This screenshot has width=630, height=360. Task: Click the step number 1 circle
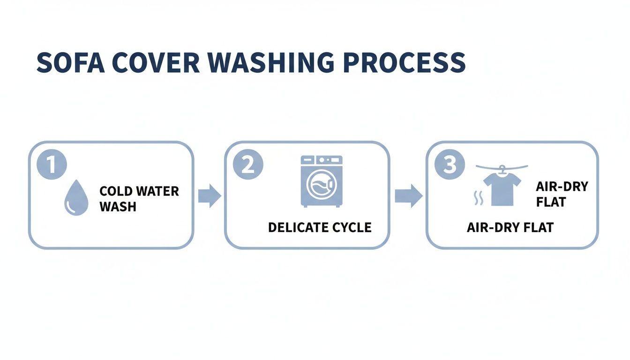[x=52, y=165]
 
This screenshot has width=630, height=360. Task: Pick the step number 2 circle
[x=248, y=165]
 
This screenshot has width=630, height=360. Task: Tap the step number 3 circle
[x=450, y=165]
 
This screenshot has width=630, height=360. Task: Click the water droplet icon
[x=75, y=198]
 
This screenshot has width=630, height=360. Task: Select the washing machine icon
[x=322, y=181]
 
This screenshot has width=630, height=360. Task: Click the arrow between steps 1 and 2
[x=209, y=195]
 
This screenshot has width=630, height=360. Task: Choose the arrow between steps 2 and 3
[x=407, y=195]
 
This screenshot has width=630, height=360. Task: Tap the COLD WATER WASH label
[x=139, y=198]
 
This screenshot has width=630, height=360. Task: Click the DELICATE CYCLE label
[x=320, y=228]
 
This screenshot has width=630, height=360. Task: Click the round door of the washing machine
[x=322, y=185]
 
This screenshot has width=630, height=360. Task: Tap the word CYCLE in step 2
[x=352, y=228]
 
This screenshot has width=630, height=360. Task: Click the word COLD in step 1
[x=115, y=191]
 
